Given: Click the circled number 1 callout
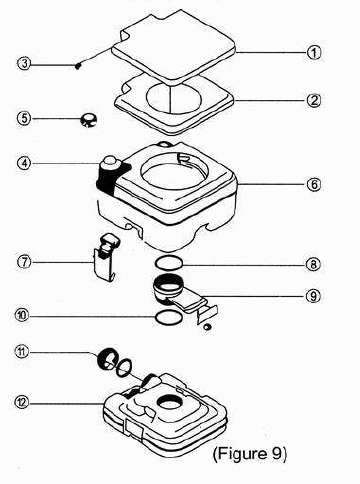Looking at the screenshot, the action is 314,53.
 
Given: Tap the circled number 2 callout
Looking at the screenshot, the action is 314,100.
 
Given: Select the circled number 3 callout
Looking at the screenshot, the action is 24,63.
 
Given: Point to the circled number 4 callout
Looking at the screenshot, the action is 24,163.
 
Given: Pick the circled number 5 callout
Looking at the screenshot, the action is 24,119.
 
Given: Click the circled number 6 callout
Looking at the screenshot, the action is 314,184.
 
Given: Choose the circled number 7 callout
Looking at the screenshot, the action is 24,262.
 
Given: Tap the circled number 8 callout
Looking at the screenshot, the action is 313,265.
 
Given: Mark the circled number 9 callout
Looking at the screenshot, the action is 313,296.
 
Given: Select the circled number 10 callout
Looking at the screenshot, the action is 22,315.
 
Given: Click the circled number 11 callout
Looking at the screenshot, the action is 22,352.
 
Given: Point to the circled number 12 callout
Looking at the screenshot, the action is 22,403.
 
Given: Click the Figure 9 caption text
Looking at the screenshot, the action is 250,454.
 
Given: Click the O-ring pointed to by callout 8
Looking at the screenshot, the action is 169,258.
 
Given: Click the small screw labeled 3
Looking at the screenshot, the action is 78,66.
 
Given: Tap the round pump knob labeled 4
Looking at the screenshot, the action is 109,162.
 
